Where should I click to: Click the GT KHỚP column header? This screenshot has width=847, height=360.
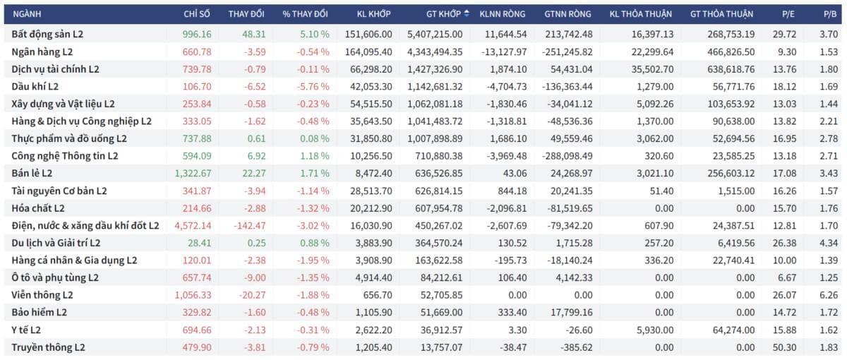click(x=443, y=13)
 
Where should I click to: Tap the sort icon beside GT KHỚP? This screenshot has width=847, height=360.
click(x=467, y=13)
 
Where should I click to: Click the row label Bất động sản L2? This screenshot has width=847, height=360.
click(x=48, y=34)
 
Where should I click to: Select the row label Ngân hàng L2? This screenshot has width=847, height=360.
click(x=42, y=52)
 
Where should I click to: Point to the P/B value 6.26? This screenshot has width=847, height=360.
click(x=830, y=295)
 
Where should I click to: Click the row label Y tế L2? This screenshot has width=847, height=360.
click(x=28, y=330)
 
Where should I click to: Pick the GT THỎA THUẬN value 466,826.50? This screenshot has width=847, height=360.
click(x=725, y=52)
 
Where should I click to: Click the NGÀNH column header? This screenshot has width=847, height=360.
click(x=28, y=13)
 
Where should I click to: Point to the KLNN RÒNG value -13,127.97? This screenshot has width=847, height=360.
click(x=504, y=52)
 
